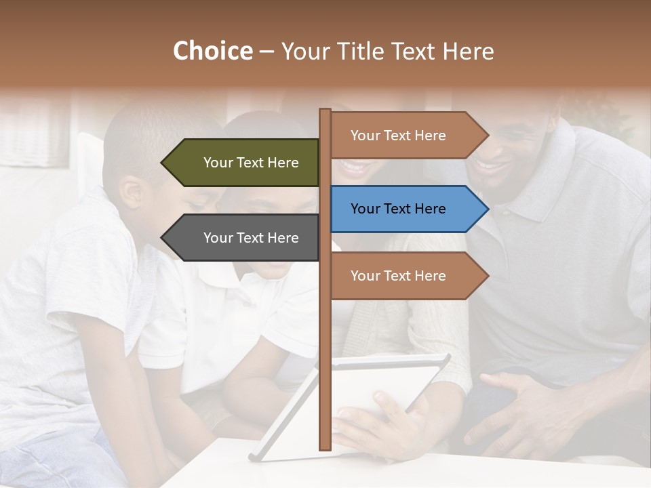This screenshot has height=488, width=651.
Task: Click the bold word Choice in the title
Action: [212, 51]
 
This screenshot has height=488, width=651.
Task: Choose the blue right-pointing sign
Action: [400, 209]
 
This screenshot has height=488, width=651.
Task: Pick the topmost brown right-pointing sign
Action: [400, 136]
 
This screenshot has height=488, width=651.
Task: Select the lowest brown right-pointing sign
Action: [400, 276]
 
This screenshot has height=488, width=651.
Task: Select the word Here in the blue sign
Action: [430, 209]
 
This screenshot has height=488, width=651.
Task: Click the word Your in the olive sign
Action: [218, 163]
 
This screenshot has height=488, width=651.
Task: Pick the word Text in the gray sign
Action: [252, 238]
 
